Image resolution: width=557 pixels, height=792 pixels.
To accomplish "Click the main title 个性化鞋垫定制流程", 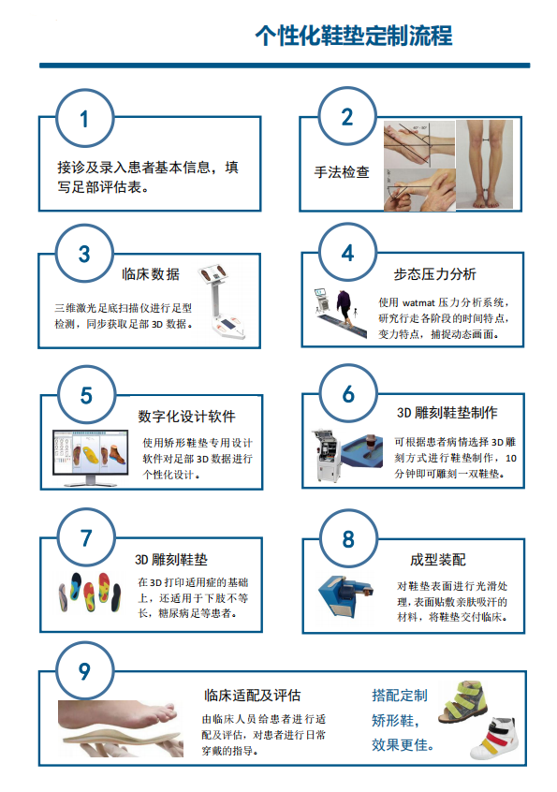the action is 354,36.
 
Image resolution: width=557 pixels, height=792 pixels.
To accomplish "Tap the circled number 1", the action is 84,119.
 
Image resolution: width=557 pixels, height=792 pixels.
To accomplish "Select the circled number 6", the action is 348,394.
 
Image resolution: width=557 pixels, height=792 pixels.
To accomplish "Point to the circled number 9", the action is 84,671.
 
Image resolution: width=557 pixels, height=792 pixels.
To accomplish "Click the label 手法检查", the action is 342,172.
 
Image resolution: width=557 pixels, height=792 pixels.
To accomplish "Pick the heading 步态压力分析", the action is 434,274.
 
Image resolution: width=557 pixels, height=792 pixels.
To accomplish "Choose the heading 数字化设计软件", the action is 187,417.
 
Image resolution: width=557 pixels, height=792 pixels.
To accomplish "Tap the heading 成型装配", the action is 438,560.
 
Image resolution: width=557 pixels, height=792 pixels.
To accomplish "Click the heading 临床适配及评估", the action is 253,696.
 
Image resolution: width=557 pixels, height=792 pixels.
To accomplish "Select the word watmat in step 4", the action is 418,303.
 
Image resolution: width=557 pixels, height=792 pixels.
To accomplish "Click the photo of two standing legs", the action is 484,165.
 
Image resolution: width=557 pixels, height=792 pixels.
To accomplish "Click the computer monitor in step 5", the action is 91,458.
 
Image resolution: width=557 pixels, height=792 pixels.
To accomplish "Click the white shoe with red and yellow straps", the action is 494,738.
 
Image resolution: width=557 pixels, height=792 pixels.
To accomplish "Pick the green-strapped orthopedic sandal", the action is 463,701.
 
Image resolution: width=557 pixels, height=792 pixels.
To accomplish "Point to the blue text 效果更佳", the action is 403,744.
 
